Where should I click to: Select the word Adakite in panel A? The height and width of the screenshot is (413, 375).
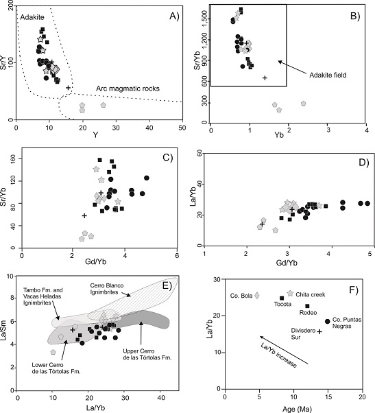click(x=31, y=16)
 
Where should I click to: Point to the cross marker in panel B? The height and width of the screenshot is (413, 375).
click(x=265, y=78)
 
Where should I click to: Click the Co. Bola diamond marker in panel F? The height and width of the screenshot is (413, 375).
click(x=257, y=296)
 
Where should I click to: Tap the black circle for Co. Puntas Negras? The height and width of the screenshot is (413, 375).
click(x=328, y=321)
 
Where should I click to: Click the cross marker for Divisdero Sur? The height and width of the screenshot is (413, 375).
click(x=319, y=331)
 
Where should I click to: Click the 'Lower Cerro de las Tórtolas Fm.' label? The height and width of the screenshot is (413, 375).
click(x=53, y=360)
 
